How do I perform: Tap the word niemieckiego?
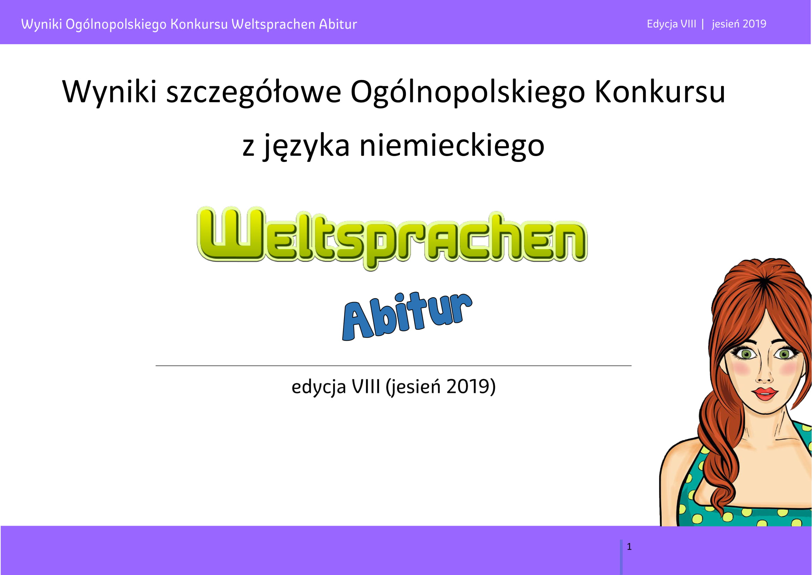click(452, 147)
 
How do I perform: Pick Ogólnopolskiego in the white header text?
click(116, 24)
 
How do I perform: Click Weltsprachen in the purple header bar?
click(273, 24)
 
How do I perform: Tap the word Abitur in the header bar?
click(338, 24)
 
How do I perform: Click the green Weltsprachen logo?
click(392, 238)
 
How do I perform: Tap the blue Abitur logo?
click(407, 316)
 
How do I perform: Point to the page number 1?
click(629, 547)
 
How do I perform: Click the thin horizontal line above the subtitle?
click(393, 366)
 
